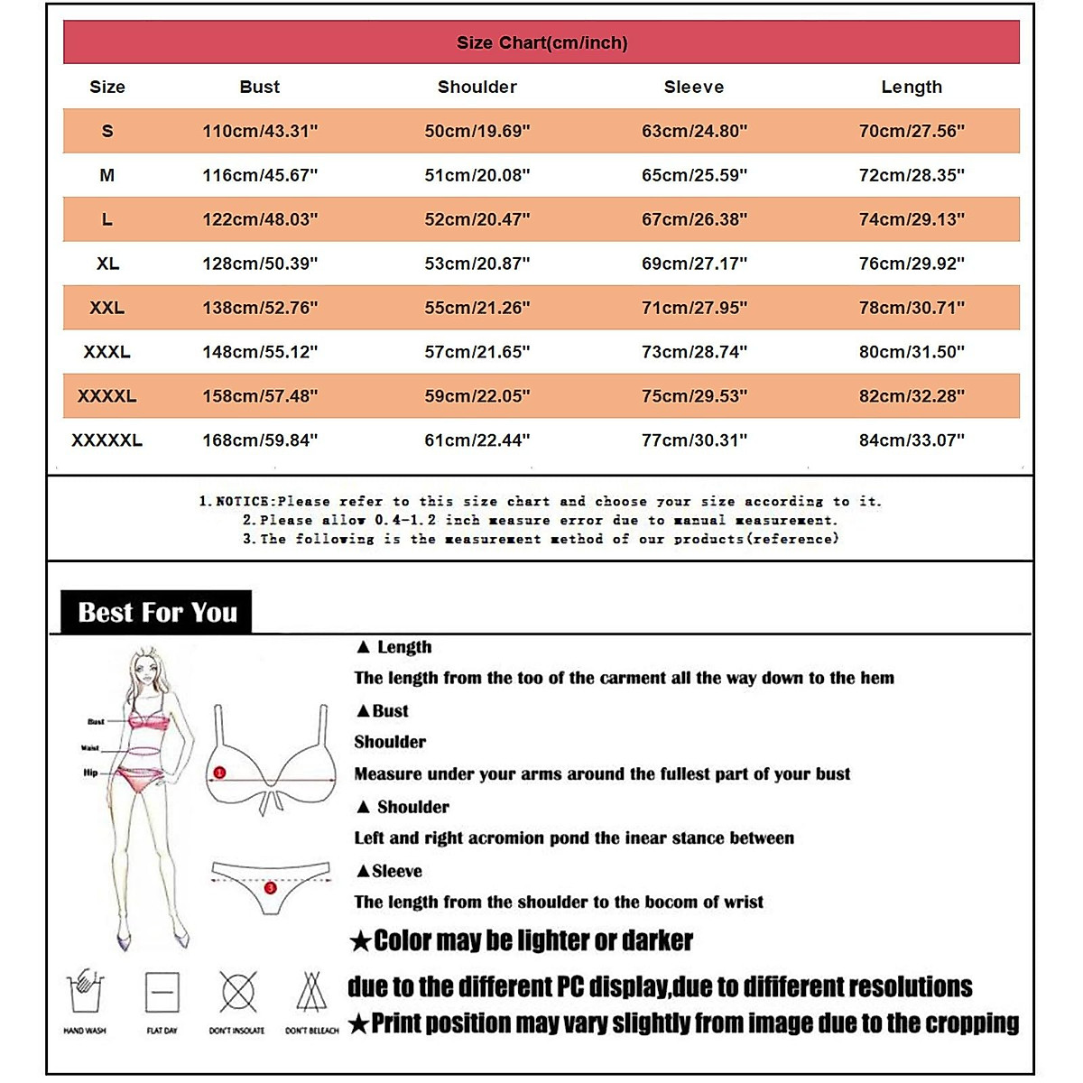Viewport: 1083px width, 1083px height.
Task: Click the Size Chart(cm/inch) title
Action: click(x=541, y=42)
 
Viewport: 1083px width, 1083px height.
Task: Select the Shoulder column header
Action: click(x=477, y=87)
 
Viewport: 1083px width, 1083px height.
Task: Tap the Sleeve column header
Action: click(x=693, y=87)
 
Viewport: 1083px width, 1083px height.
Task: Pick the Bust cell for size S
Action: click(x=260, y=131)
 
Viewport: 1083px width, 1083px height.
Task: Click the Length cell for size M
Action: click(x=912, y=175)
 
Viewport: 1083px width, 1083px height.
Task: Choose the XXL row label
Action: click(x=106, y=308)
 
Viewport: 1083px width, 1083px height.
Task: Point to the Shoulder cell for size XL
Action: click(x=477, y=264)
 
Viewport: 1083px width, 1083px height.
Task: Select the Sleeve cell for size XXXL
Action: click(x=694, y=352)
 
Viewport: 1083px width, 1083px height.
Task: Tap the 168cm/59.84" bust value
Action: click(x=260, y=440)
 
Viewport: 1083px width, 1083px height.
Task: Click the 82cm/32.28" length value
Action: click(x=912, y=396)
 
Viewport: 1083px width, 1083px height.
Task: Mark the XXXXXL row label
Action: click(x=106, y=440)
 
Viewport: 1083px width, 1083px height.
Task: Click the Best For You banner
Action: click(x=157, y=613)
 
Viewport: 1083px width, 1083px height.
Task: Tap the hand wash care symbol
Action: click(x=86, y=993)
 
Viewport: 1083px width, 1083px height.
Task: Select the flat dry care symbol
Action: click(x=162, y=993)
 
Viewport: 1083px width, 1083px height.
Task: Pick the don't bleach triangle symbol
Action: click(x=311, y=993)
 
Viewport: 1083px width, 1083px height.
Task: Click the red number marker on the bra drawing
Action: click(x=219, y=773)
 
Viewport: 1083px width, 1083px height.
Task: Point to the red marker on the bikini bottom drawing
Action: click(x=270, y=888)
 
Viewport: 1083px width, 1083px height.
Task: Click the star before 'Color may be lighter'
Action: click(x=361, y=942)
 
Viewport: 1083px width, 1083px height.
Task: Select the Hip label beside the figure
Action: click(x=90, y=773)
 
